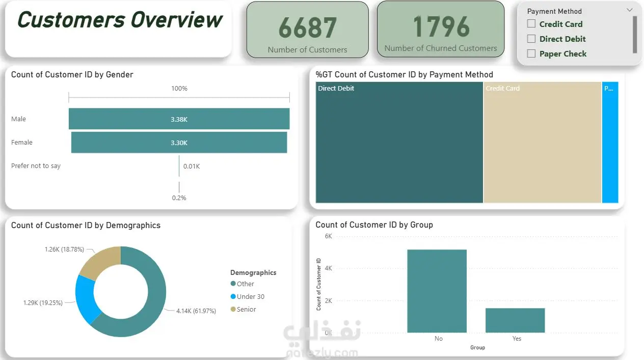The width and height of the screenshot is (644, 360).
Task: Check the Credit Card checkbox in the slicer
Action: point(531,24)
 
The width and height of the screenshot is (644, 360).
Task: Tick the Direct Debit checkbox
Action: point(531,39)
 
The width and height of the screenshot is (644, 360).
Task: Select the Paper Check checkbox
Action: point(531,53)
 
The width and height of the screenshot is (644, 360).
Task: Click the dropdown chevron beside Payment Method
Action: point(629,10)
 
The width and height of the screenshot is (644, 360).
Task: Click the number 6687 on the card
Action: point(307,28)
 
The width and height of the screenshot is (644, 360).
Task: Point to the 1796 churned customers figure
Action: point(441,26)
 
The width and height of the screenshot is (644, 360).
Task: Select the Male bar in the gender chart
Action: point(179,119)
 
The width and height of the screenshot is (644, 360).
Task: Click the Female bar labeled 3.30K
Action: point(179,143)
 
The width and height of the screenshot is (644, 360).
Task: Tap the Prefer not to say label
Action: point(36,166)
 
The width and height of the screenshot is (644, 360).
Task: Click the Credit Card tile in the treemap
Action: point(542,143)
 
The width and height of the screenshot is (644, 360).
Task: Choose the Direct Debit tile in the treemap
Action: point(399,143)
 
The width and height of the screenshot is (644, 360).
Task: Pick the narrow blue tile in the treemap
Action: point(610,143)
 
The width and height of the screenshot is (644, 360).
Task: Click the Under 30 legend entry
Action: point(250,297)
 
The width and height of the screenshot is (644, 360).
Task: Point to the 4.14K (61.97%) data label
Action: point(196,311)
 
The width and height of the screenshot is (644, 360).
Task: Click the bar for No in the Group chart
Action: point(437,291)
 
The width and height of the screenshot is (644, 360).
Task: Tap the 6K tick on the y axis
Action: point(328,236)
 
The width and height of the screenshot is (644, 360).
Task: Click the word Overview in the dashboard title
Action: point(176,20)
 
